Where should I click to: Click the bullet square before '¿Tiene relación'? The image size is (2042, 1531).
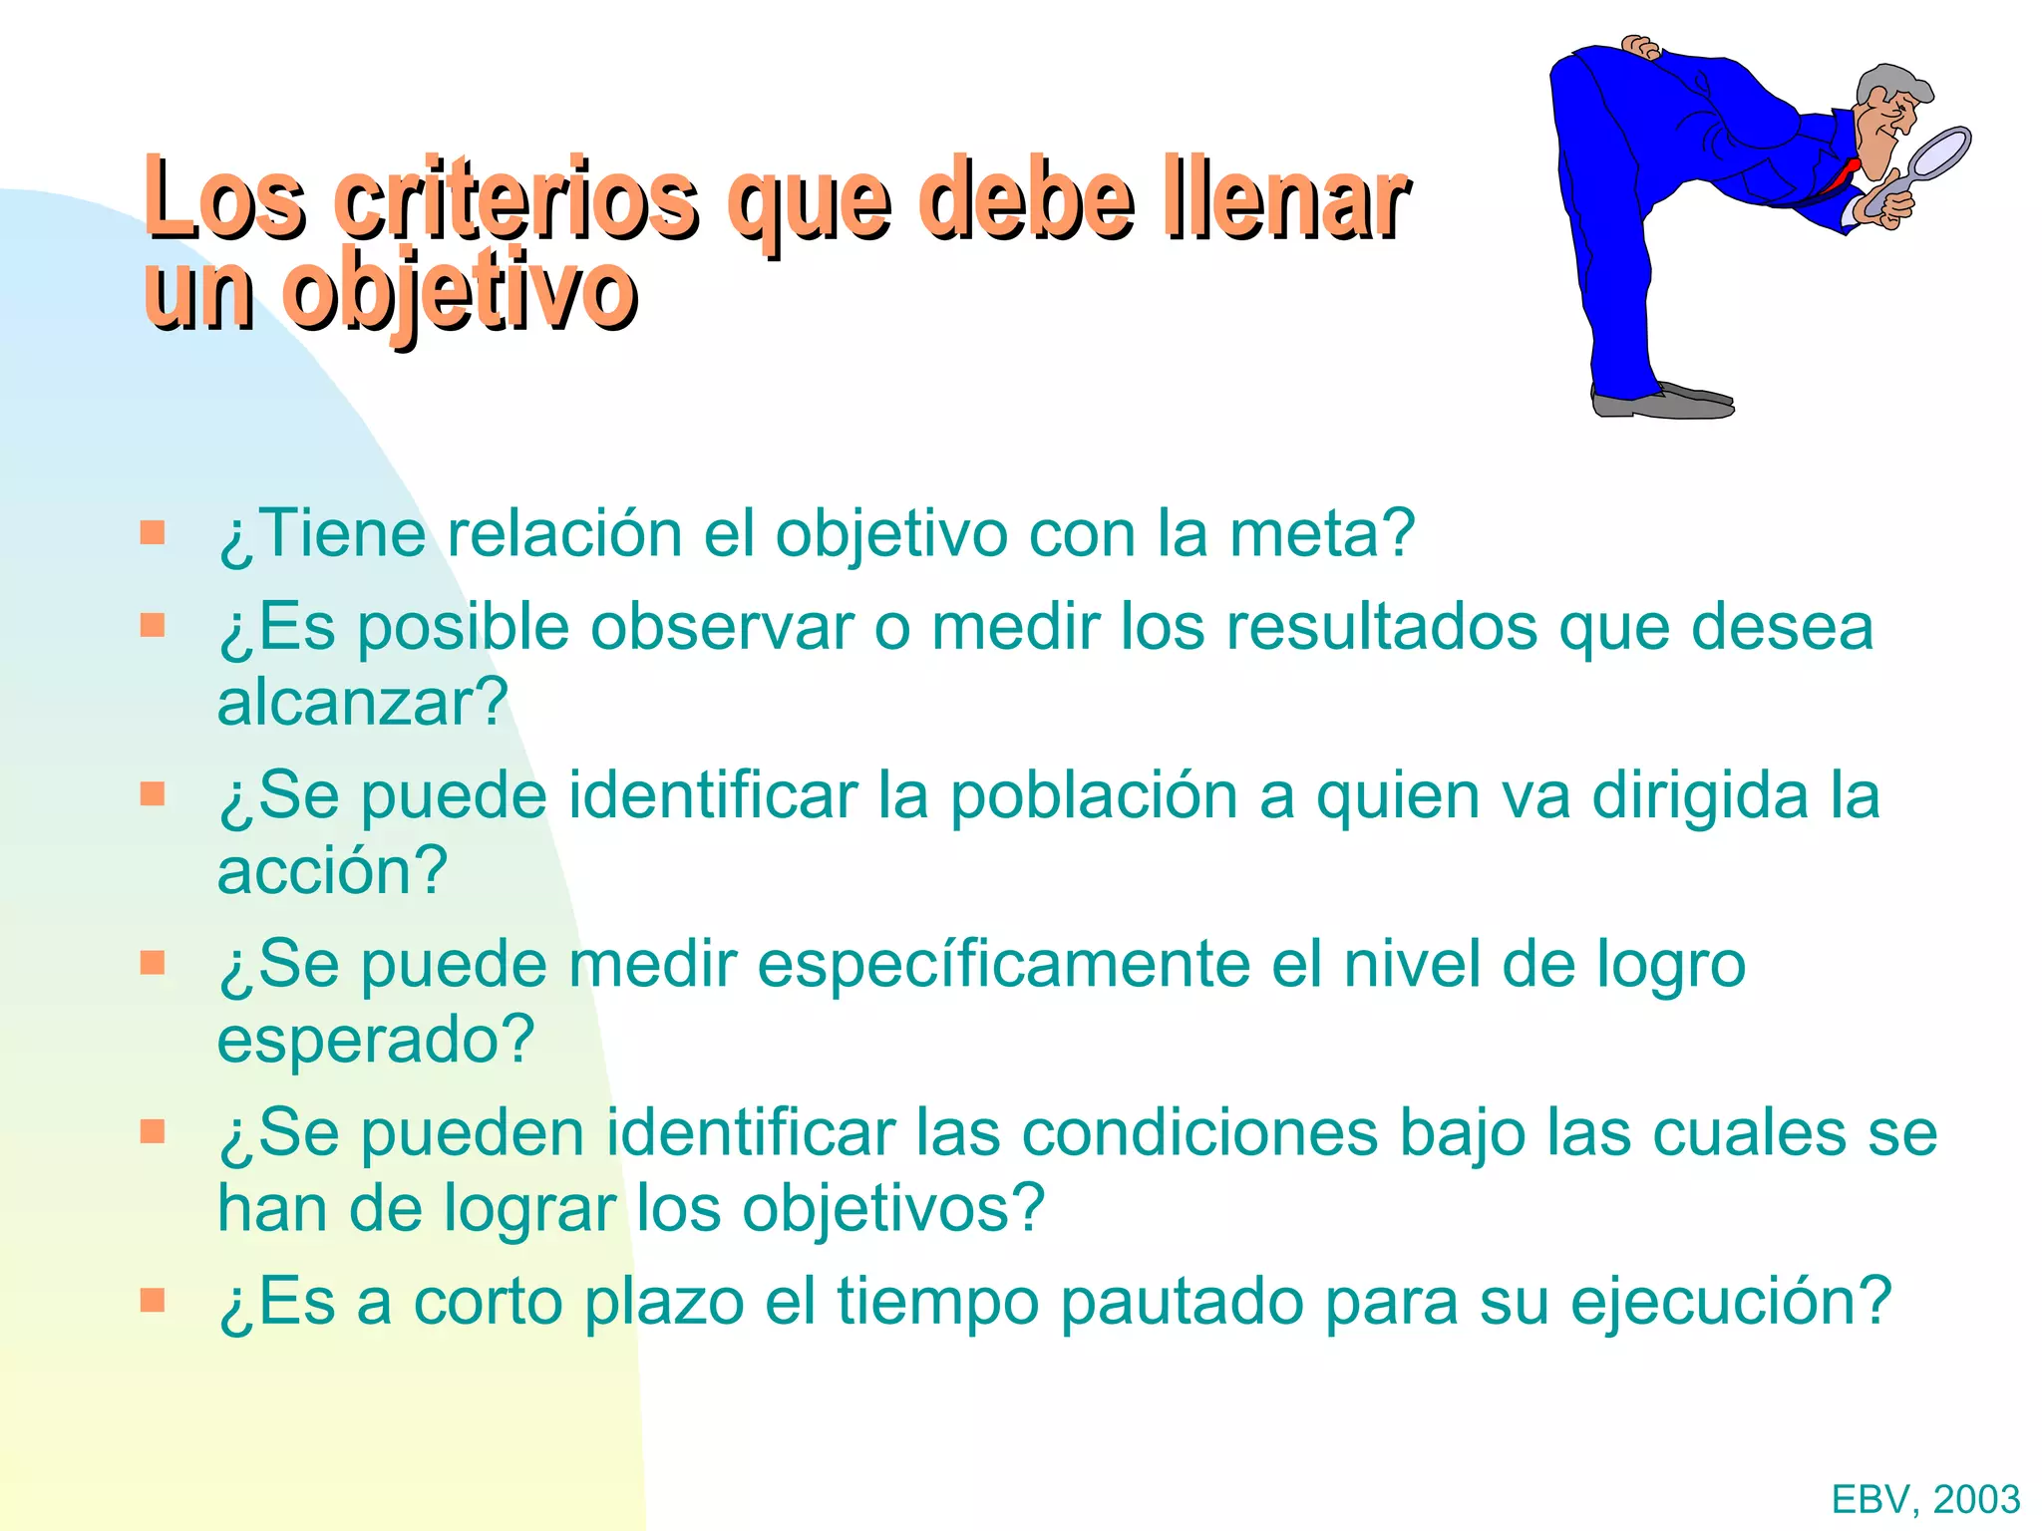coord(153,532)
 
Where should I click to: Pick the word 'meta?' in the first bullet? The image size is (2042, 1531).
coord(1321,534)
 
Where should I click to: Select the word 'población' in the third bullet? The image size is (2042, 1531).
coord(1093,796)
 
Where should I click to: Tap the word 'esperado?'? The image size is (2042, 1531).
coord(376,1040)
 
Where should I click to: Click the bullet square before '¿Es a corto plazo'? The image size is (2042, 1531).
coord(153,1301)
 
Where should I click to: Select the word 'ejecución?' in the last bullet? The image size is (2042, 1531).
coord(1731,1303)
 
